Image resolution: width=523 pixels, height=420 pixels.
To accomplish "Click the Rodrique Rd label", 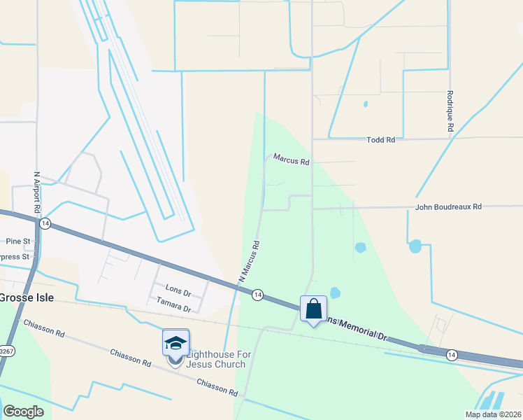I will click(451, 112).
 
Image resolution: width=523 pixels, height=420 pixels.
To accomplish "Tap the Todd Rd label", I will click(381, 140).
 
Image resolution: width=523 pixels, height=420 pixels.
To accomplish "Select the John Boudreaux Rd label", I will click(448, 206).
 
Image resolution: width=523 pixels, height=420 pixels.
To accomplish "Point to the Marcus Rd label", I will click(291, 160).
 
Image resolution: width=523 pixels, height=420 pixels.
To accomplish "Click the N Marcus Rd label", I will click(249, 261).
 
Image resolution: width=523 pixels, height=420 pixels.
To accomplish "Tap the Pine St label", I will click(17, 241).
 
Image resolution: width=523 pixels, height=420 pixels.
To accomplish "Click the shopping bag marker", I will click(314, 308).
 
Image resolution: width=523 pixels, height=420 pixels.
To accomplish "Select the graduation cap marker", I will click(175, 343).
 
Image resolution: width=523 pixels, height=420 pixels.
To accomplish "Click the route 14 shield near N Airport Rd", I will click(45, 223).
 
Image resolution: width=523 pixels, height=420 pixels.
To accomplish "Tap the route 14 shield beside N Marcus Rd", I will click(257, 295).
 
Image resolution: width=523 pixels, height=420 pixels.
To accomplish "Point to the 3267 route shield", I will click(6, 351).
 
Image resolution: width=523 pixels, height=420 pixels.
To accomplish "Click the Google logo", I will click(23, 412).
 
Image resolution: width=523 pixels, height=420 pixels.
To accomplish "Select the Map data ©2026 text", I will click(492, 414).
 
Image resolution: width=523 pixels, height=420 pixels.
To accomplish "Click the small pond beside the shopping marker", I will click(335, 293).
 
